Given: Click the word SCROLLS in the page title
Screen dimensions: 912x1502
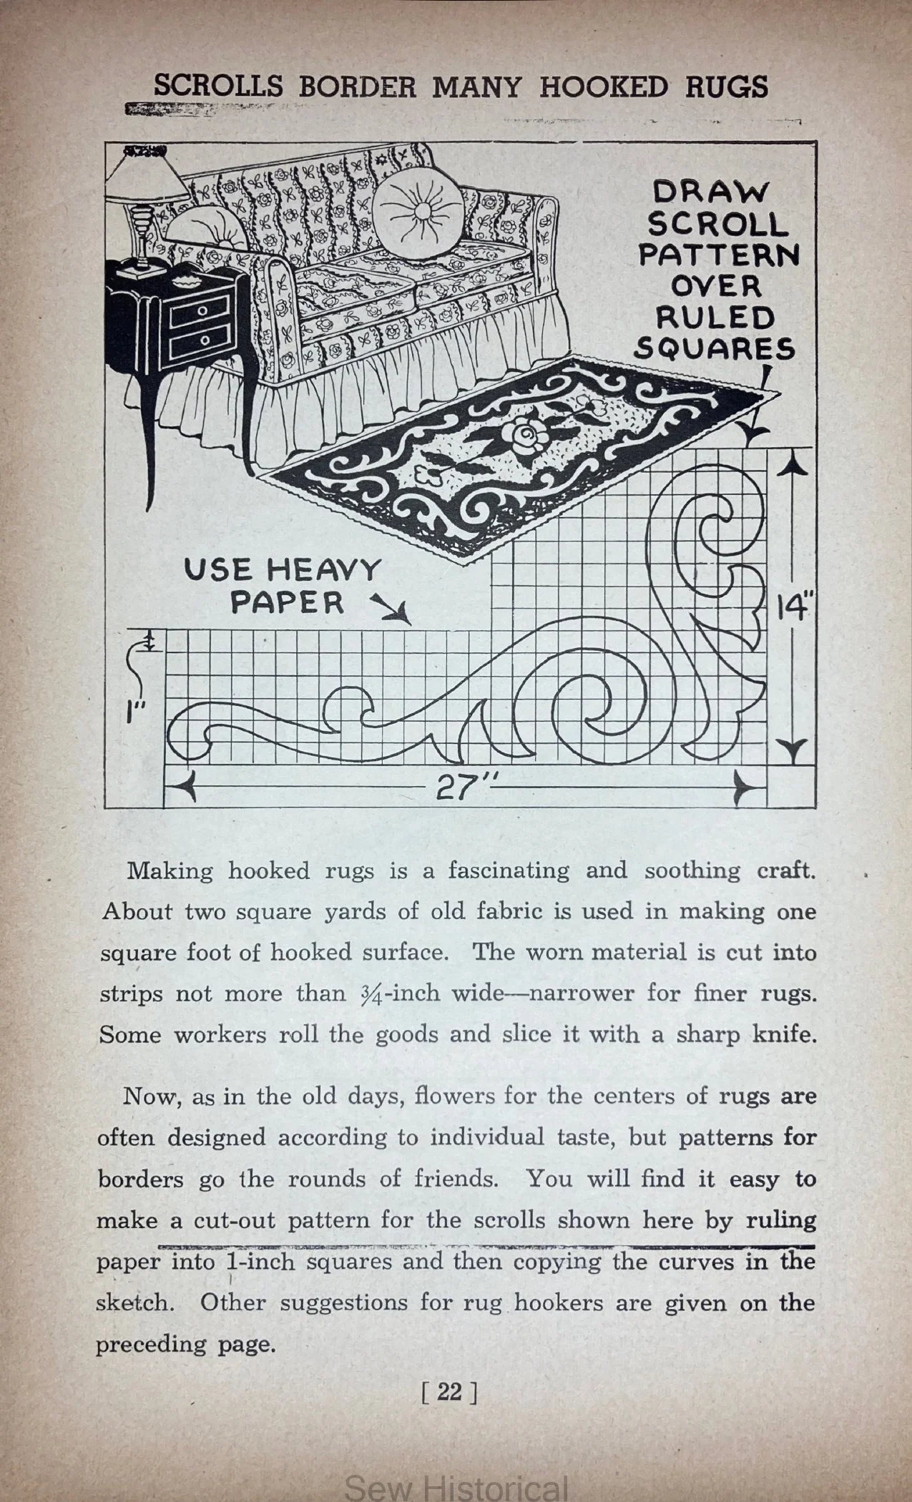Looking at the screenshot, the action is pos(218,87).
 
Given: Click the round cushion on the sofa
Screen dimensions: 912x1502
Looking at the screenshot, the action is pos(417,212).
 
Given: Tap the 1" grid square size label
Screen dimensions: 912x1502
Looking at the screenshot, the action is pos(137,714).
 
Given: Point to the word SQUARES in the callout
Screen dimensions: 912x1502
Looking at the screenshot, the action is pos(715,348).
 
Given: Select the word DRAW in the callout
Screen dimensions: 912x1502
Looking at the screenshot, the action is pos(711,192).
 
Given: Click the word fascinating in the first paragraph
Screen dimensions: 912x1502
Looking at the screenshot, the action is pos(509,870).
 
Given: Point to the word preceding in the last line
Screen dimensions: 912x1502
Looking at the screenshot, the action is pos(149,1344).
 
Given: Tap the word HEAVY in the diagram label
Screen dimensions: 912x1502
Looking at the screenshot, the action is pos(323,571).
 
